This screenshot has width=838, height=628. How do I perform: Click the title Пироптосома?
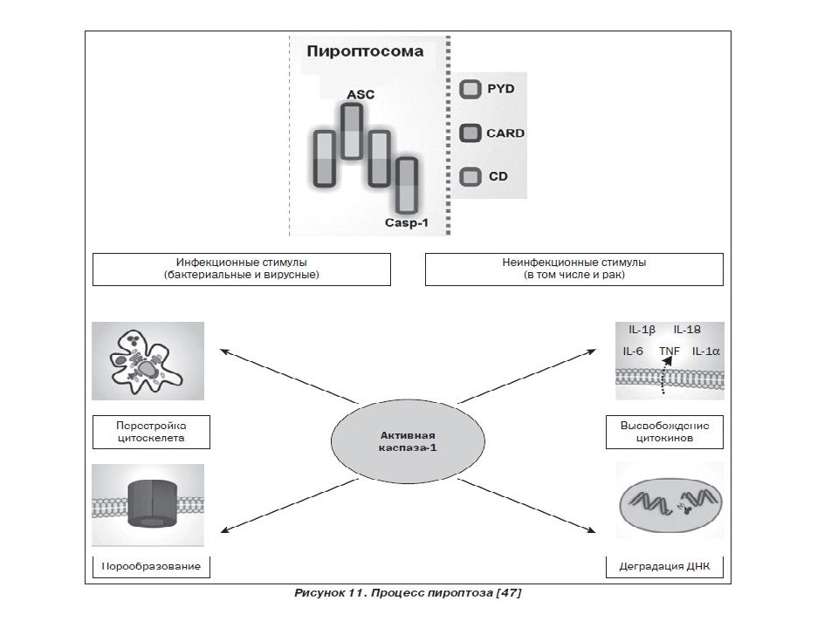tap(365, 51)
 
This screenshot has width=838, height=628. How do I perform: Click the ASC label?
tap(361, 94)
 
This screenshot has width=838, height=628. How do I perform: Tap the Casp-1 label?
tap(407, 222)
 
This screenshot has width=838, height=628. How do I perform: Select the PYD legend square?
tap(471, 89)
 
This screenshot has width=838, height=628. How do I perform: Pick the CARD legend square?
tap(471, 133)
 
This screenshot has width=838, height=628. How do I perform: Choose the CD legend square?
tap(471, 177)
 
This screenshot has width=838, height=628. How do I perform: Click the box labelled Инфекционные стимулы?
tap(242, 270)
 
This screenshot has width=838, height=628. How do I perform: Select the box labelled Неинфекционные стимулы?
tap(574, 270)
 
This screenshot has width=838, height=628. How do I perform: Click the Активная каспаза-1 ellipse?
tap(408, 441)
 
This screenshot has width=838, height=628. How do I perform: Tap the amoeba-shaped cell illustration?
tap(147, 361)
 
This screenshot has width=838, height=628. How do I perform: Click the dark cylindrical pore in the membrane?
tap(152, 503)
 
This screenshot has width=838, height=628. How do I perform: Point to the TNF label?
tap(670, 351)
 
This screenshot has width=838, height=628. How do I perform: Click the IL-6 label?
tap(633, 351)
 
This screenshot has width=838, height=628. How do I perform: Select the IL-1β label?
tap(642, 330)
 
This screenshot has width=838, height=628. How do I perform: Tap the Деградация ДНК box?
tap(664, 567)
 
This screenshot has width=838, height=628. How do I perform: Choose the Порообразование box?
tap(151, 567)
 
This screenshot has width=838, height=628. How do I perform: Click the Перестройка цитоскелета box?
tap(151, 432)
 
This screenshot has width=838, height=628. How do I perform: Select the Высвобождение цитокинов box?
tap(664, 432)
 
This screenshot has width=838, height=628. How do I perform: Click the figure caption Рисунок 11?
tap(408, 593)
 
